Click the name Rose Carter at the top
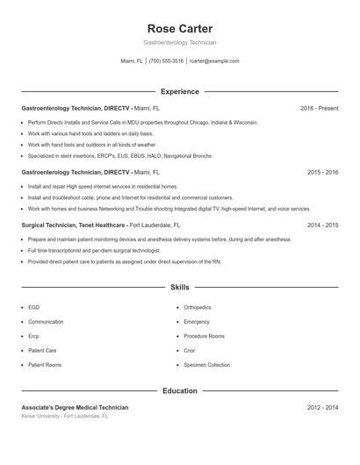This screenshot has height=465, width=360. [179, 29]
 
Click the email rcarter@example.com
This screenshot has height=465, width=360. [214, 61]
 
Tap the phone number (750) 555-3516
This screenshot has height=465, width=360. [166, 61]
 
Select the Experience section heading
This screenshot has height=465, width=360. [179, 91]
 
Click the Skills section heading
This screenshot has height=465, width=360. [179, 287]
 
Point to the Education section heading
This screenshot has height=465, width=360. [179, 391]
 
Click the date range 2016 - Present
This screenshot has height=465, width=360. [319, 109]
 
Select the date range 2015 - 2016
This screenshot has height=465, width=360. [322, 173]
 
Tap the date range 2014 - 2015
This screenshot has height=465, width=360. [322, 225]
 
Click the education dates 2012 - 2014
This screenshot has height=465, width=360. [322, 408]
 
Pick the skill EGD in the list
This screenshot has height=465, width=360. [33, 308]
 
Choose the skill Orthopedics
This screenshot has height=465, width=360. [198, 308]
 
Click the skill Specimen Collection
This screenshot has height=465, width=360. [206, 365]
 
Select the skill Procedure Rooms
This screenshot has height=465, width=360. [204, 336]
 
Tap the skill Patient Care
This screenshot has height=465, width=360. [42, 350]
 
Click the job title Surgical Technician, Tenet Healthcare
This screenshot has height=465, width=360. [74, 225]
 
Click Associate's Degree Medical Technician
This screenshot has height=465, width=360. [75, 408]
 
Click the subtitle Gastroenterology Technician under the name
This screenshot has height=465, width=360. [179, 42]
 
